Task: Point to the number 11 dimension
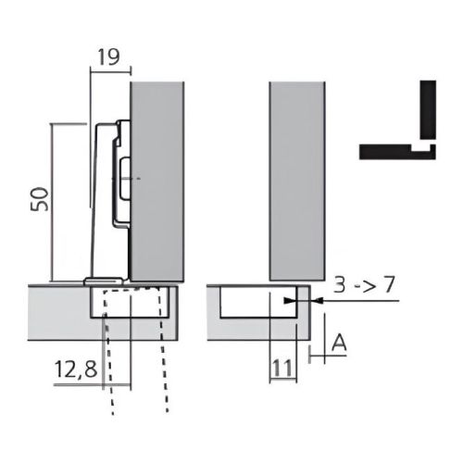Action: point(282,369)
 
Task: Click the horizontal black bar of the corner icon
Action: point(390,150)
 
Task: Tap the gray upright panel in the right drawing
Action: point(297,181)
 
